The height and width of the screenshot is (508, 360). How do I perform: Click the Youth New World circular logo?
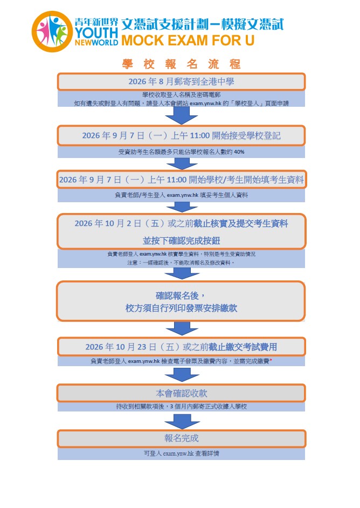point(52,31)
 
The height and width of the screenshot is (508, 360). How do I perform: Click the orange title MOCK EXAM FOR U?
point(188,40)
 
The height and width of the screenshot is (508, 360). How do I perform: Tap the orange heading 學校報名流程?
point(181,64)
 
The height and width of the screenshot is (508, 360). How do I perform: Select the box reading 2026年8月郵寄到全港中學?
point(181,81)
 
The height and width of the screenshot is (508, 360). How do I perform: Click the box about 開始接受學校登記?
point(181,135)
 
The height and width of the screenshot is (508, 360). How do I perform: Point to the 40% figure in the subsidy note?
point(239,152)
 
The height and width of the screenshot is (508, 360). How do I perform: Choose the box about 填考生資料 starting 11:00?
point(181,180)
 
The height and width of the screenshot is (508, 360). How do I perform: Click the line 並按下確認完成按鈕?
point(181,241)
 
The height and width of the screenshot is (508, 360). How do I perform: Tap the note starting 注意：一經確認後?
point(181,263)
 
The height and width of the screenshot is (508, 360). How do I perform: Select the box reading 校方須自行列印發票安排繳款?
point(181,301)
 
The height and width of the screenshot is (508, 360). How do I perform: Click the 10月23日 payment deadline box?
point(181,347)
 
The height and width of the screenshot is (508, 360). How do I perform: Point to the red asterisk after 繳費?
point(271,360)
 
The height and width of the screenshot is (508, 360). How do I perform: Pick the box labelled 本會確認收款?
point(181,393)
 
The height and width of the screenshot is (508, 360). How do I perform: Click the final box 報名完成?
point(181,438)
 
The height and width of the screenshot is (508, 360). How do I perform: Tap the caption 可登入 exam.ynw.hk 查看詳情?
point(181,453)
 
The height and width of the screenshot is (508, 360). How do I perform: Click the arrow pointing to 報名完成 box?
point(182,420)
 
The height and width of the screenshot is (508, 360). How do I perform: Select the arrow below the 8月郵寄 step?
point(182,115)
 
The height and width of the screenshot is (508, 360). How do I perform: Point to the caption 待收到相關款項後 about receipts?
point(181,406)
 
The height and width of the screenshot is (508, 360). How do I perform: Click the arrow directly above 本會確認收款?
point(182,375)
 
